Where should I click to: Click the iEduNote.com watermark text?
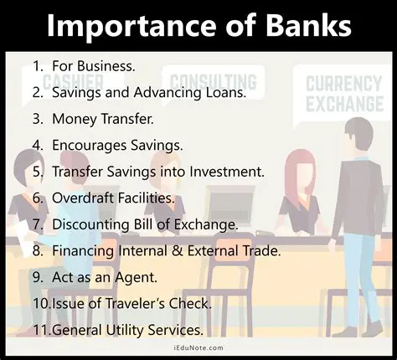point(198,351)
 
